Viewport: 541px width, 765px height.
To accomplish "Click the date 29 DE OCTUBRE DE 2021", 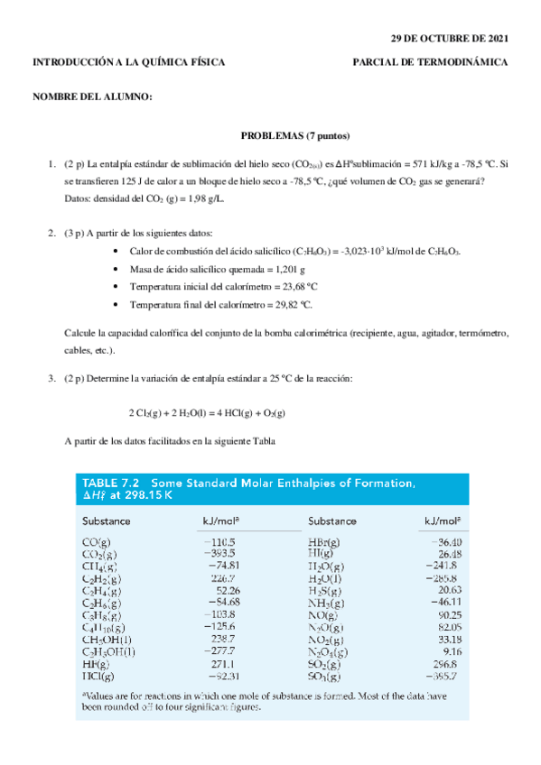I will [449, 40].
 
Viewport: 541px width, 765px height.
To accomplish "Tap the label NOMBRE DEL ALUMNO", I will [92, 96].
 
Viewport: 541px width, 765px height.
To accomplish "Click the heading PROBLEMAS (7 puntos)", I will [294, 134].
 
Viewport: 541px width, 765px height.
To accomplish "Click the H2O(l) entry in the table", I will [326, 577].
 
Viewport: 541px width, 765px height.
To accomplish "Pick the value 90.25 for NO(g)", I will [448, 614].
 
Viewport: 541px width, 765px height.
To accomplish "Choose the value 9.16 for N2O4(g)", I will [452, 651].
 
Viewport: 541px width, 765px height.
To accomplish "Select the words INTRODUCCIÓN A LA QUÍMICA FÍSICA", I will [129, 63].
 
